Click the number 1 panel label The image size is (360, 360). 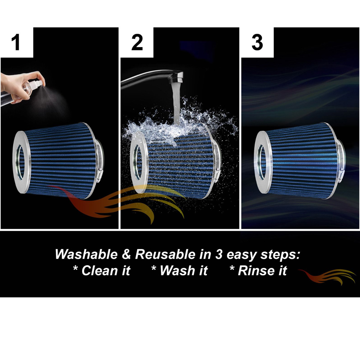click(x=15, y=42)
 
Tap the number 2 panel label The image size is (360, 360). click(x=137, y=42)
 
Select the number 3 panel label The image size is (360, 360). click(x=257, y=42)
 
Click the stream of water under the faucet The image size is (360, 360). click(x=176, y=103)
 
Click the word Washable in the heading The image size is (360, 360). click(x=86, y=255)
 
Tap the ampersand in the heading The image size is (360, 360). click(x=126, y=255)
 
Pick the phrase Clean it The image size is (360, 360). click(x=102, y=270)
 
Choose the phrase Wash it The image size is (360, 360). click(x=180, y=270)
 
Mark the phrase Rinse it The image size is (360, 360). click(x=258, y=270)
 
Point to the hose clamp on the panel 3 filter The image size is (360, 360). click(x=341, y=161)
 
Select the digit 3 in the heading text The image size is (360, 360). click(x=219, y=255)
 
